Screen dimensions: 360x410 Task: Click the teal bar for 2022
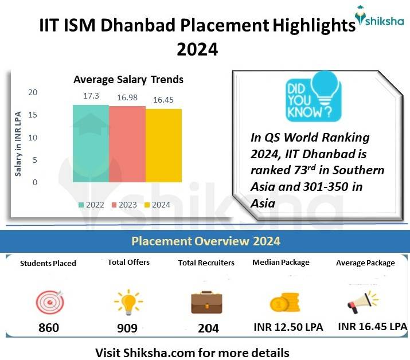91,143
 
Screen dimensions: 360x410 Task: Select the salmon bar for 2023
127,144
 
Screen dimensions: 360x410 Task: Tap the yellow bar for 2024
163,146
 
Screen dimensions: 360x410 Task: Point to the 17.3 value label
91,96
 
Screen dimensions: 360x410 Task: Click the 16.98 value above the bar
127,97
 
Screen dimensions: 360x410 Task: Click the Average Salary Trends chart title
128,79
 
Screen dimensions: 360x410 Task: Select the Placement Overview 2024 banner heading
205,241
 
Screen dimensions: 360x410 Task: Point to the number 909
127,328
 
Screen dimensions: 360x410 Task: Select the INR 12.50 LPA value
288,327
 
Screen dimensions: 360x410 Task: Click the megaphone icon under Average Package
363,301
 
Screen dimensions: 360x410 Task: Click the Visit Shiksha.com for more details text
192,351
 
